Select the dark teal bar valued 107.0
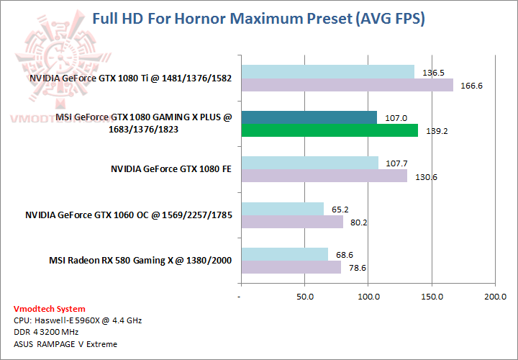click(309, 117)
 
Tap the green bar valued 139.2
click(330, 130)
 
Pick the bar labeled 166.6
click(347, 85)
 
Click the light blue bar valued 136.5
click(328, 72)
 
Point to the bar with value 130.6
click(324, 176)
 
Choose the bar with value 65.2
click(283, 209)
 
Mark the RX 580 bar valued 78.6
click(291, 267)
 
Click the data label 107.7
click(396, 163)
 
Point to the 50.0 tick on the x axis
click(305, 297)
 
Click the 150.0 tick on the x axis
click(431, 297)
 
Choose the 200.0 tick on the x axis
click(494, 297)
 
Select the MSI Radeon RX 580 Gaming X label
click(140, 260)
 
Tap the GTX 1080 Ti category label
click(130, 78)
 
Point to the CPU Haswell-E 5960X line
click(78, 320)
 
